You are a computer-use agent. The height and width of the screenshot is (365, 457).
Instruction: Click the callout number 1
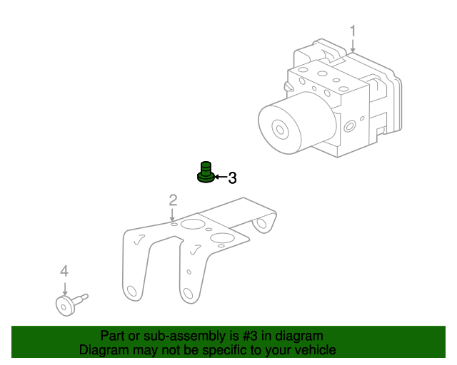click(353, 31)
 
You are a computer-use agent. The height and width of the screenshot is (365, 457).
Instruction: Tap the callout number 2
click(173, 200)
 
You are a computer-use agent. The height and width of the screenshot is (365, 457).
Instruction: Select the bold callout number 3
click(232, 178)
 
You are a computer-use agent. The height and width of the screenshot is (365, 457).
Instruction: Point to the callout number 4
click(64, 271)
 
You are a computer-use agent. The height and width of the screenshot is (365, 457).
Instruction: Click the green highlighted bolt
click(206, 173)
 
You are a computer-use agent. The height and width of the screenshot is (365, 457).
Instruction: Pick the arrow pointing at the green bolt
click(221, 176)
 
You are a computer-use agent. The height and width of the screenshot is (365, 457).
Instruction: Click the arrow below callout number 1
click(353, 46)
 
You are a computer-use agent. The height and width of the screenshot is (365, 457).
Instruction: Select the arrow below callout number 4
click(65, 289)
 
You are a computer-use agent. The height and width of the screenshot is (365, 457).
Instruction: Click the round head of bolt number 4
click(65, 306)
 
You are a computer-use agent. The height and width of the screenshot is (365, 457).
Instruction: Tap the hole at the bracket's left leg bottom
click(132, 291)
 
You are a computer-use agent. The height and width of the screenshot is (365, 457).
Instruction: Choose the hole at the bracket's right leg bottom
click(188, 294)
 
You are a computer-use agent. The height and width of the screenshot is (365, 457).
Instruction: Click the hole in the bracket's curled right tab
click(262, 223)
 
